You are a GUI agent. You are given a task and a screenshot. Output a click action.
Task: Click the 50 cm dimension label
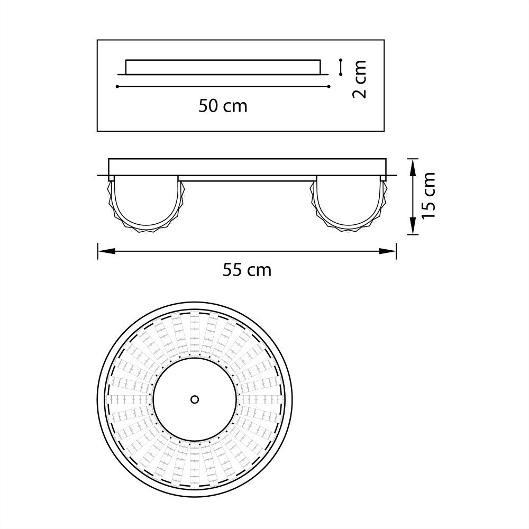pos(223,106)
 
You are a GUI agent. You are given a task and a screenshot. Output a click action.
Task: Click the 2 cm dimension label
pos(359,79)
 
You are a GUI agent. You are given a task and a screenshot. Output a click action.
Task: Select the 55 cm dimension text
pos(247,270)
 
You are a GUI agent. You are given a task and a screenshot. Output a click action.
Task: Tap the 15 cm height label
pos(428,196)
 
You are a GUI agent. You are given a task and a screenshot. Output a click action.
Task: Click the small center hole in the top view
pos(195,399)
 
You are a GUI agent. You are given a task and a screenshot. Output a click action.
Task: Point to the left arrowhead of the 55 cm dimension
pos(102,251)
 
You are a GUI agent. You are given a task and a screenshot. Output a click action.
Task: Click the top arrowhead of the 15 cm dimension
pos(412,163)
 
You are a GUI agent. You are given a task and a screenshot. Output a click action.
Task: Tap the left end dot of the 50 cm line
pos(117,86)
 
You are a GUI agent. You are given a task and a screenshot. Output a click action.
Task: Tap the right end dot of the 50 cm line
pos(329,86)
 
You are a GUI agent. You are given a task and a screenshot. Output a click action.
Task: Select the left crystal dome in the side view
pos(145,204)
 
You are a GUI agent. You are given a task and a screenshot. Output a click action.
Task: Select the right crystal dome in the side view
pos(348,204)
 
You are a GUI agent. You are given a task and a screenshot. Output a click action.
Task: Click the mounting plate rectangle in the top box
pos(223,67)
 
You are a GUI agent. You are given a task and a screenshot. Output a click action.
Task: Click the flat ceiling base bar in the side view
pos(247,167)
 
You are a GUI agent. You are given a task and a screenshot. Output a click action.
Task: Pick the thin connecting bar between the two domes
pos(247,178)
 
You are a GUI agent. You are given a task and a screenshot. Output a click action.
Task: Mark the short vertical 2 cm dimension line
pos(341,67)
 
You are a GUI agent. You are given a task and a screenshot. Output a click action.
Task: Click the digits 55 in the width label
pos(232,270)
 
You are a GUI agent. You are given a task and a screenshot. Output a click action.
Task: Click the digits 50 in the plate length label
pos(208,106)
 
